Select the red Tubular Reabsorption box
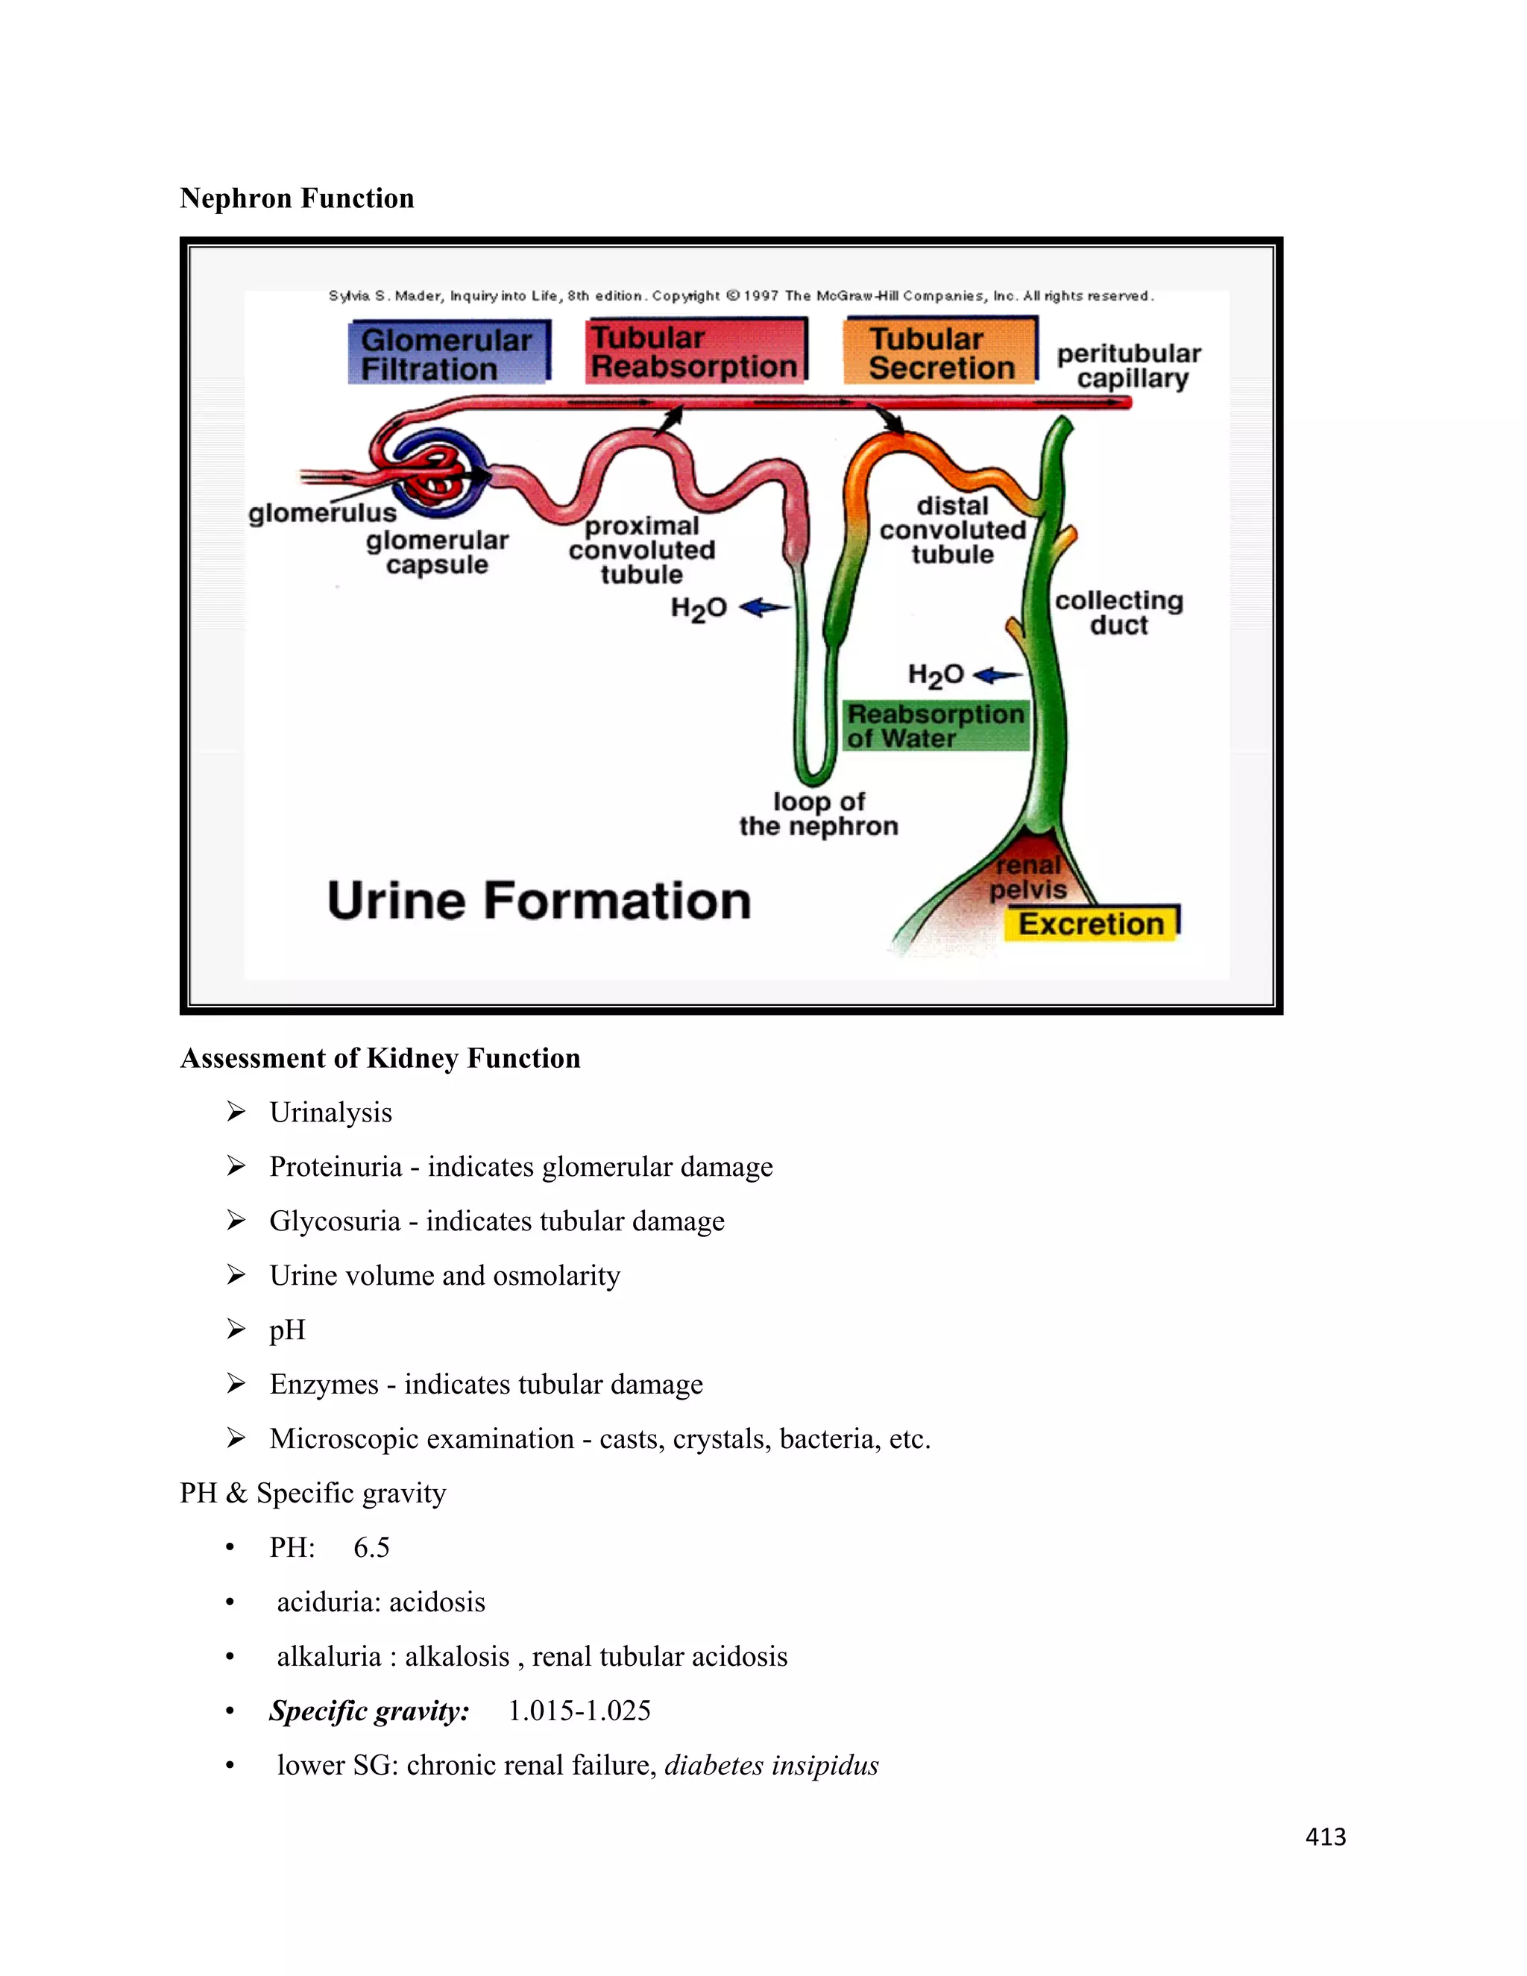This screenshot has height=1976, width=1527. tap(695, 352)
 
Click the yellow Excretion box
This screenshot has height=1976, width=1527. tap(1091, 924)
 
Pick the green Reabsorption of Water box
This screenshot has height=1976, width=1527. tap(936, 726)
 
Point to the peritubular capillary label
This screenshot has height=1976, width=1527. tap(1129, 365)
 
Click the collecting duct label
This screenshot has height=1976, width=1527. tap(1118, 612)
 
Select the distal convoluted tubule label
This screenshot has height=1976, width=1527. tap(953, 530)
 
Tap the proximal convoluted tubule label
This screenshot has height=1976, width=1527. tap(642, 550)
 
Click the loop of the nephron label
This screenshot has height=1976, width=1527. tap(819, 814)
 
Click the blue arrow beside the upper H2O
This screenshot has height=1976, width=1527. tap(764, 607)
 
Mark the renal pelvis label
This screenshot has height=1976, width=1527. tap(1027, 878)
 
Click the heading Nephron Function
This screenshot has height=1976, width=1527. tap(297, 198)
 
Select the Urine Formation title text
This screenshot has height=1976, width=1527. tap(539, 902)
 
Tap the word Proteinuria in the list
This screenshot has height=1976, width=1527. tap(335, 1166)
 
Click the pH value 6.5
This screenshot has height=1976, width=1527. tap(371, 1547)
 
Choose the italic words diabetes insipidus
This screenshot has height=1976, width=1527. tap(771, 1765)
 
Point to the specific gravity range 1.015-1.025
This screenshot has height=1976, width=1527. tap(579, 1711)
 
